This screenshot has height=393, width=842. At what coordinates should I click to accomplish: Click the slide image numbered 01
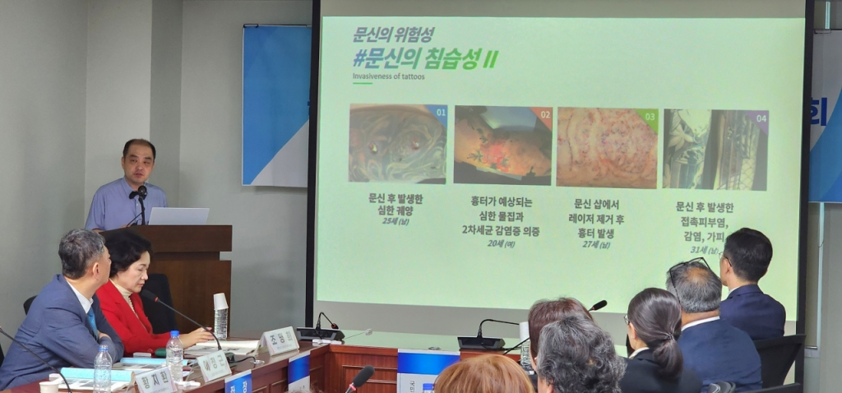coord(398,143)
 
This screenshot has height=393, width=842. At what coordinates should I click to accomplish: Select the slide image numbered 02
coord(502,145)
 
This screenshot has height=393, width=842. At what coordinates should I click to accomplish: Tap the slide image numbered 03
coord(607,147)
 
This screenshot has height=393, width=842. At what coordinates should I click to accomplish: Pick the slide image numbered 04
coord(715,149)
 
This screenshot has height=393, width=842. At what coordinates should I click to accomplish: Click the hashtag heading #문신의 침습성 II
coord(425,58)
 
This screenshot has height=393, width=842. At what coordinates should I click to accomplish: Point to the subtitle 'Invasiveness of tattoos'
coord(389,76)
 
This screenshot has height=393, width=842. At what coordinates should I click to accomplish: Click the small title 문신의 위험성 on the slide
coord(392,35)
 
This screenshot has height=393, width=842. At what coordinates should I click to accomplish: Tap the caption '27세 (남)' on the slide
coord(597,244)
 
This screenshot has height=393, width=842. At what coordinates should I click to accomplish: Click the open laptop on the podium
coord(178,216)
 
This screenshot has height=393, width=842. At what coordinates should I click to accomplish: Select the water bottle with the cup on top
coord(220,317)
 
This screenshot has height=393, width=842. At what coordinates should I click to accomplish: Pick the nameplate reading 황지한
coord(154,381)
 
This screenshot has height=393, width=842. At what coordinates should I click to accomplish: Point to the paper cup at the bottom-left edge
coord(49,386)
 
